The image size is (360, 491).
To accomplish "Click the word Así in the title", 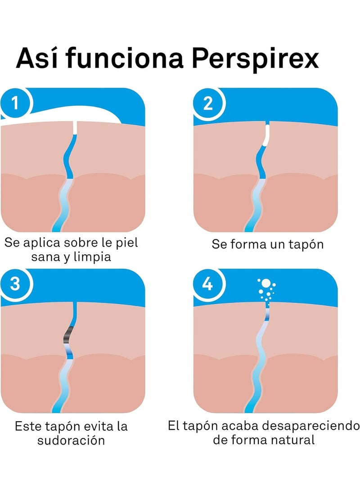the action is (x=37, y=58).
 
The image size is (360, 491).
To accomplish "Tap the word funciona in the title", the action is (x=125, y=58).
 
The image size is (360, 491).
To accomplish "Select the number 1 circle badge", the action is (x=15, y=103).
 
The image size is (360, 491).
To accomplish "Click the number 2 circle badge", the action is (x=208, y=103).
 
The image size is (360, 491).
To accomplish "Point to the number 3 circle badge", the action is (x=15, y=284).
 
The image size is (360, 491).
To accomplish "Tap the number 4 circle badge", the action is (x=208, y=284).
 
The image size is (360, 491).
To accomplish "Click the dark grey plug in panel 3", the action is (x=68, y=335).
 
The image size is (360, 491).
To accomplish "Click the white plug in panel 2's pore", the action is (x=266, y=135).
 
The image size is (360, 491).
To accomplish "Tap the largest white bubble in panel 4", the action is (x=265, y=283).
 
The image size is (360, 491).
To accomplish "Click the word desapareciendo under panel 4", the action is (x=310, y=426).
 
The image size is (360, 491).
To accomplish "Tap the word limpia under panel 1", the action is (x=92, y=257).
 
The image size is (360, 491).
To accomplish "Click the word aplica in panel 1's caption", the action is (x=42, y=243).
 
